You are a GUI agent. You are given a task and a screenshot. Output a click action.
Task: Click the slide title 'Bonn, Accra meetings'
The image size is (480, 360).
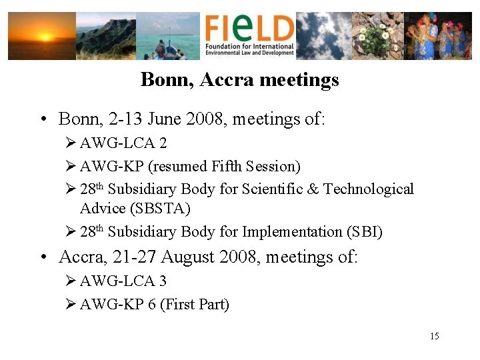[x=240, y=80]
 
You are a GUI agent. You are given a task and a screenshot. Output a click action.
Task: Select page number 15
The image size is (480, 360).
[x=435, y=336]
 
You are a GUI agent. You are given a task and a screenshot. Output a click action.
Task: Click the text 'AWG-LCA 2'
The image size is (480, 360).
[x=123, y=143]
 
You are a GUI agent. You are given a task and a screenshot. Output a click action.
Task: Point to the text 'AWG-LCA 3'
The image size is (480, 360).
[x=123, y=281]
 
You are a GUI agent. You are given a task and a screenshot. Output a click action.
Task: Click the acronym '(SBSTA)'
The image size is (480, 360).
[x=135, y=209]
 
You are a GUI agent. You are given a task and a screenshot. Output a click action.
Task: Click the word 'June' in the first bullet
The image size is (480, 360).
[x=163, y=119]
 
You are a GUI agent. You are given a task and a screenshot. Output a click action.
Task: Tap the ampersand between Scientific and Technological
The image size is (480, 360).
[x=312, y=189]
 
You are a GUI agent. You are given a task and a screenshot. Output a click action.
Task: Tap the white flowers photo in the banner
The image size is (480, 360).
[x=378, y=36]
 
